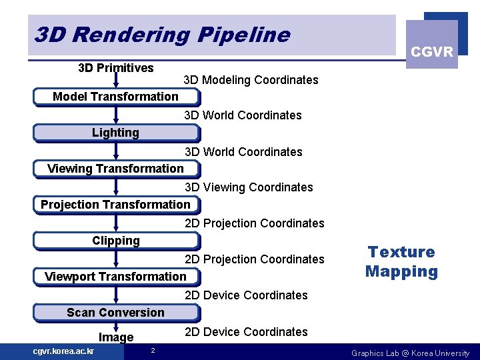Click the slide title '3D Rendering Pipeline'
coord(162,35)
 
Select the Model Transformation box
coord(115,97)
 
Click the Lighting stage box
coord(115,133)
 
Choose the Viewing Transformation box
coord(115,169)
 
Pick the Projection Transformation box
coord(115,205)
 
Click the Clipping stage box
coord(115,241)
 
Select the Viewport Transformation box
coord(115,277)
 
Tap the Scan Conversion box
coord(115,313)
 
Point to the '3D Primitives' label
coord(115,67)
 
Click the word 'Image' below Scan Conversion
coord(116,337)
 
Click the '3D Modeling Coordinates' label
coord(251,80)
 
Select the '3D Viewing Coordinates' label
coord(249,187)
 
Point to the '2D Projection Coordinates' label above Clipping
coord(254,223)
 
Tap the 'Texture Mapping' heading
coord(401,261)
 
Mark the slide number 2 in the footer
coord(153,351)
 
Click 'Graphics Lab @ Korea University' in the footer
coord(410,353)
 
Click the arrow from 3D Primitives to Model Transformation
coord(116,81)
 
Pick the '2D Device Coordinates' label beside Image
coord(246,332)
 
